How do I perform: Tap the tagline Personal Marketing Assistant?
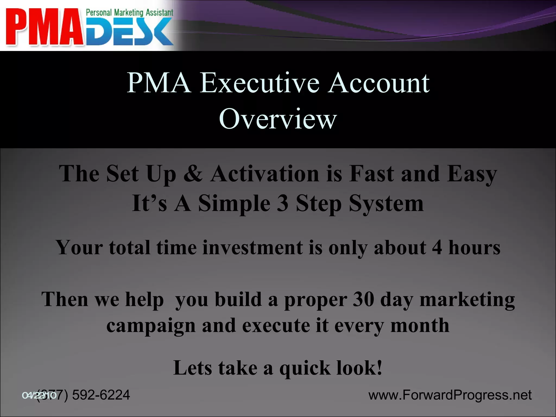tap(129, 12)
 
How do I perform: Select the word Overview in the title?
tap(278, 119)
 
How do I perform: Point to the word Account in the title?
tap(378, 83)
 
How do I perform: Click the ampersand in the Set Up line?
tap(193, 174)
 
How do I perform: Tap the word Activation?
tap(265, 174)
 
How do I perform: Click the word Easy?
tap(472, 174)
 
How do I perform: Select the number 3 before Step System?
tap(282, 204)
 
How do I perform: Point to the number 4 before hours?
tap(437, 248)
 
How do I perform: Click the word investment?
tap(252, 248)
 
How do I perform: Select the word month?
tap(420, 325)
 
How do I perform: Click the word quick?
tap(305, 368)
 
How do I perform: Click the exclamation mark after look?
tap(379, 368)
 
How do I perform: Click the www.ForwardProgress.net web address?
tap(450, 395)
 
